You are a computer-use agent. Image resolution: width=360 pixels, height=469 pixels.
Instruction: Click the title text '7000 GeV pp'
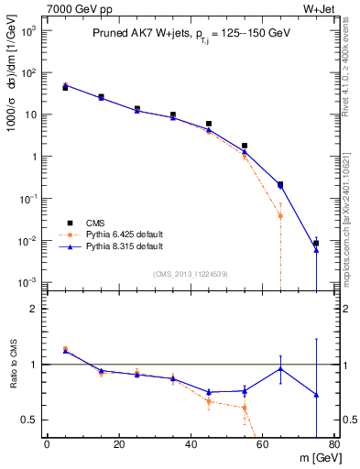(x=72, y=8)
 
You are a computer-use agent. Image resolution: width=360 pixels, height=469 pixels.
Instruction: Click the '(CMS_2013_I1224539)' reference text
(x=190, y=273)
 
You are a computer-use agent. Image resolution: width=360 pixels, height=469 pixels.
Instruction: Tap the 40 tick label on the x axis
(x=191, y=446)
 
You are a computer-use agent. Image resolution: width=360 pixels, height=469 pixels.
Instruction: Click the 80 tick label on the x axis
(x=333, y=446)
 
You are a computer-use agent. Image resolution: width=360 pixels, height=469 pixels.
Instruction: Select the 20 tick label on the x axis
(x=119, y=446)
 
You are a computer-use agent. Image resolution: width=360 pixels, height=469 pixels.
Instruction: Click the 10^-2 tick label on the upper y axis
(x=27, y=241)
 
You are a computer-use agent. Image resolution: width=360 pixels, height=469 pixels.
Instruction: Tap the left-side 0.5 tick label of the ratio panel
(x=30, y=420)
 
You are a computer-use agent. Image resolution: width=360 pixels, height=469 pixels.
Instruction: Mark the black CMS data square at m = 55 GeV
(x=245, y=146)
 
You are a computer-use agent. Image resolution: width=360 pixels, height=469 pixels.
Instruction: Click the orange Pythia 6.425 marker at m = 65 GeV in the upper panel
(x=280, y=215)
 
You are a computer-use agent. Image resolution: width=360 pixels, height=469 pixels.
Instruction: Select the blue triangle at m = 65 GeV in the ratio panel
(x=280, y=368)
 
